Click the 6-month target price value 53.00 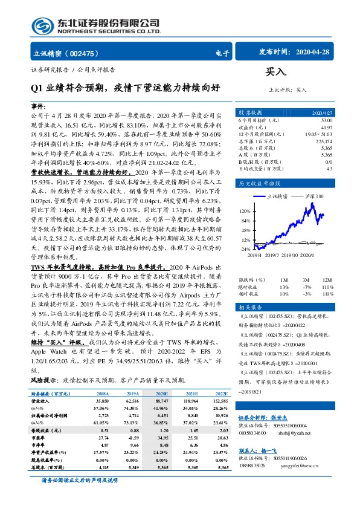(x=326, y=122)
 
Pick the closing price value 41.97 (x=326, y=128)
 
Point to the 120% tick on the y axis (x=245, y=210)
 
